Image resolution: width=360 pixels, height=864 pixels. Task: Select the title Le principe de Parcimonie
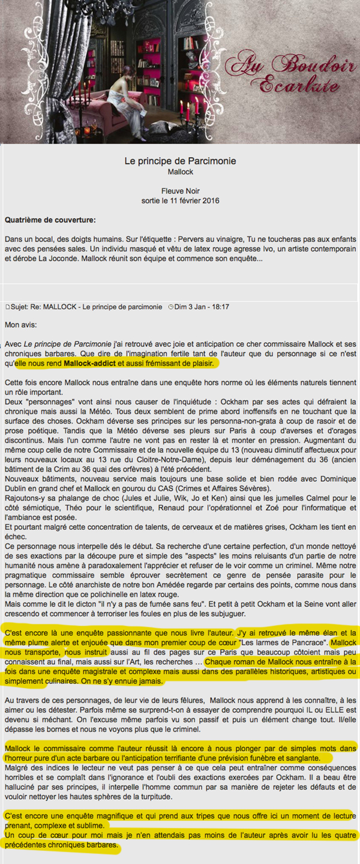coord(180,161)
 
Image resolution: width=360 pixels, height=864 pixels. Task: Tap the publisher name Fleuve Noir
coord(180,191)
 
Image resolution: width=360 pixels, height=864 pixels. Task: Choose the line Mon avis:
coord(20,324)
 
